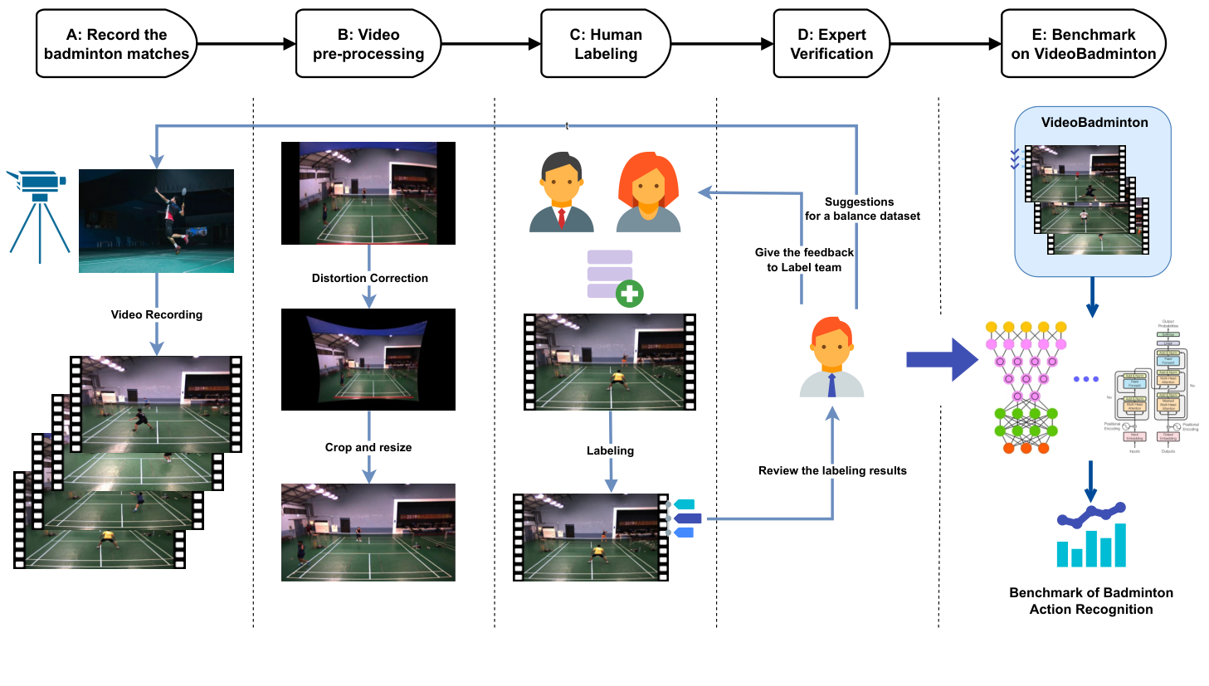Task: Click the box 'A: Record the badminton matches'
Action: click(x=116, y=44)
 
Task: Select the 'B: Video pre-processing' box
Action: click(x=368, y=44)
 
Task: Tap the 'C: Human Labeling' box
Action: click(x=606, y=44)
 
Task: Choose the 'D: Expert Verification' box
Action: click(x=831, y=44)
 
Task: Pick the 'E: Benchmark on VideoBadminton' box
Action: click(x=1083, y=44)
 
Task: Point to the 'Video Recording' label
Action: click(x=157, y=314)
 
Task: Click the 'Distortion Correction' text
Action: click(x=370, y=278)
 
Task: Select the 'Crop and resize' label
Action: click(x=368, y=447)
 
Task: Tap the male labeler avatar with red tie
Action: click(x=562, y=192)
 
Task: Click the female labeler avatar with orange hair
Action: click(x=649, y=192)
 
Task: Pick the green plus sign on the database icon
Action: click(x=630, y=293)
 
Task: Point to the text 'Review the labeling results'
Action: click(x=832, y=470)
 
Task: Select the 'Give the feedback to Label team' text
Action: click(x=804, y=260)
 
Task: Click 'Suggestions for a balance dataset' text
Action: click(x=862, y=209)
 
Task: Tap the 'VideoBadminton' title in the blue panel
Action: click(x=1094, y=122)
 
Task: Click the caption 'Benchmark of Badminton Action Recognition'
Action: click(x=1091, y=601)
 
